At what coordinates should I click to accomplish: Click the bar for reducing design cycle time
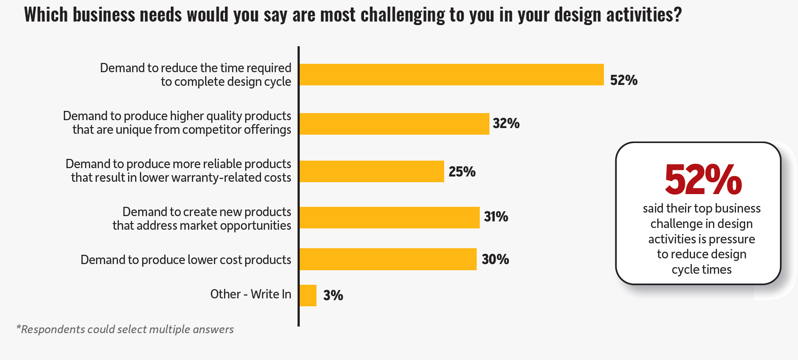click(x=451, y=74)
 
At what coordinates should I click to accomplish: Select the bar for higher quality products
click(x=394, y=124)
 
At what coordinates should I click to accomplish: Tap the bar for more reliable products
click(x=371, y=171)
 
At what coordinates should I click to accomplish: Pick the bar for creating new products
click(x=389, y=217)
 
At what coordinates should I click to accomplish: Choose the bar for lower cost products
click(x=388, y=259)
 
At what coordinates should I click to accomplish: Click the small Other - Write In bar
click(x=308, y=295)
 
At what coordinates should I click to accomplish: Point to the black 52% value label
click(x=624, y=80)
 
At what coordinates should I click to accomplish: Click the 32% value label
click(x=506, y=124)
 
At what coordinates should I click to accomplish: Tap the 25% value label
click(x=462, y=172)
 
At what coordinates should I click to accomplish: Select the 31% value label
click(x=496, y=217)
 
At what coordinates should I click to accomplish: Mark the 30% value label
click(x=495, y=259)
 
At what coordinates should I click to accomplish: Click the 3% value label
click(x=333, y=295)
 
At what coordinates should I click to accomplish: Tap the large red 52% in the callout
click(x=703, y=179)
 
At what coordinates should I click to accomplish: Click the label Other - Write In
click(x=250, y=294)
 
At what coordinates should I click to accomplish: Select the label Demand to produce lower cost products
click(x=186, y=260)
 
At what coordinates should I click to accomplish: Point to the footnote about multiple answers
click(x=125, y=329)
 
